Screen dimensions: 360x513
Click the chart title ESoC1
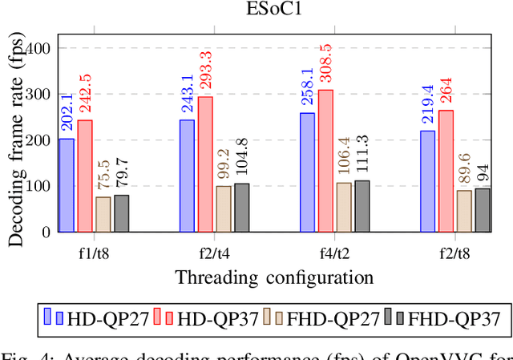pos(274,10)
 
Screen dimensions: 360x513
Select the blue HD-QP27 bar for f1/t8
pos(67,185)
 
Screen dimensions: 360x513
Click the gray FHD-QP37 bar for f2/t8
pos(483,210)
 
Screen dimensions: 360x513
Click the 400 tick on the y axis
pos(38,48)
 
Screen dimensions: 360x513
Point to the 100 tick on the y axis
pos(38,186)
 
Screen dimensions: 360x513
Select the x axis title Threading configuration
pos(274,277)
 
